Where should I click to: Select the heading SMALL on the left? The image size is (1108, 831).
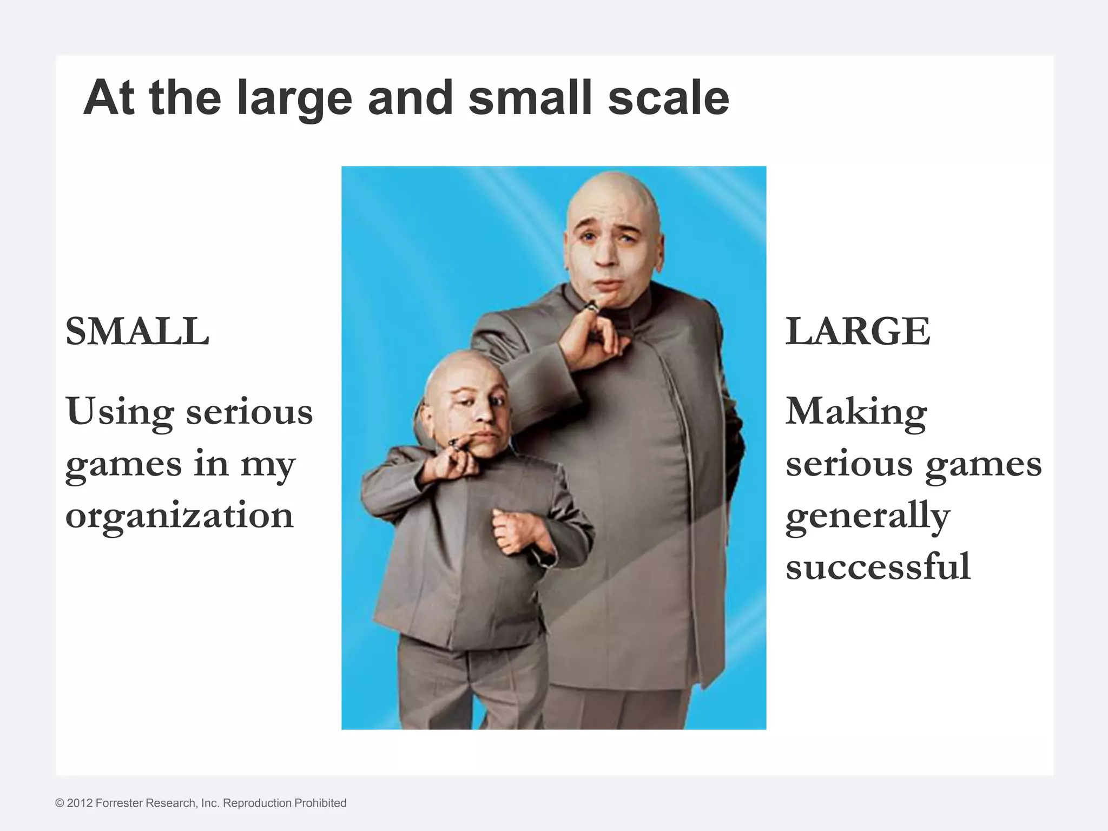point(137,331)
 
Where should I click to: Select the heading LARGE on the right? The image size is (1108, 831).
point(858,331)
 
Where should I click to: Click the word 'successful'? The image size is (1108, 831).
point(878,567)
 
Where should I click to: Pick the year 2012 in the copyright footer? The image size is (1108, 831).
point(80,803)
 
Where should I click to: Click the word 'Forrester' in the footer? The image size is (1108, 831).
point(119,803)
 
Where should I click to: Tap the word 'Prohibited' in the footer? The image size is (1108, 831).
point(319,803)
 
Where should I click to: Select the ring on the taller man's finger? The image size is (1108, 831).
point(592,307)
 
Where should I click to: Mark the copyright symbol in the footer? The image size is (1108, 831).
point(60,803)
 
